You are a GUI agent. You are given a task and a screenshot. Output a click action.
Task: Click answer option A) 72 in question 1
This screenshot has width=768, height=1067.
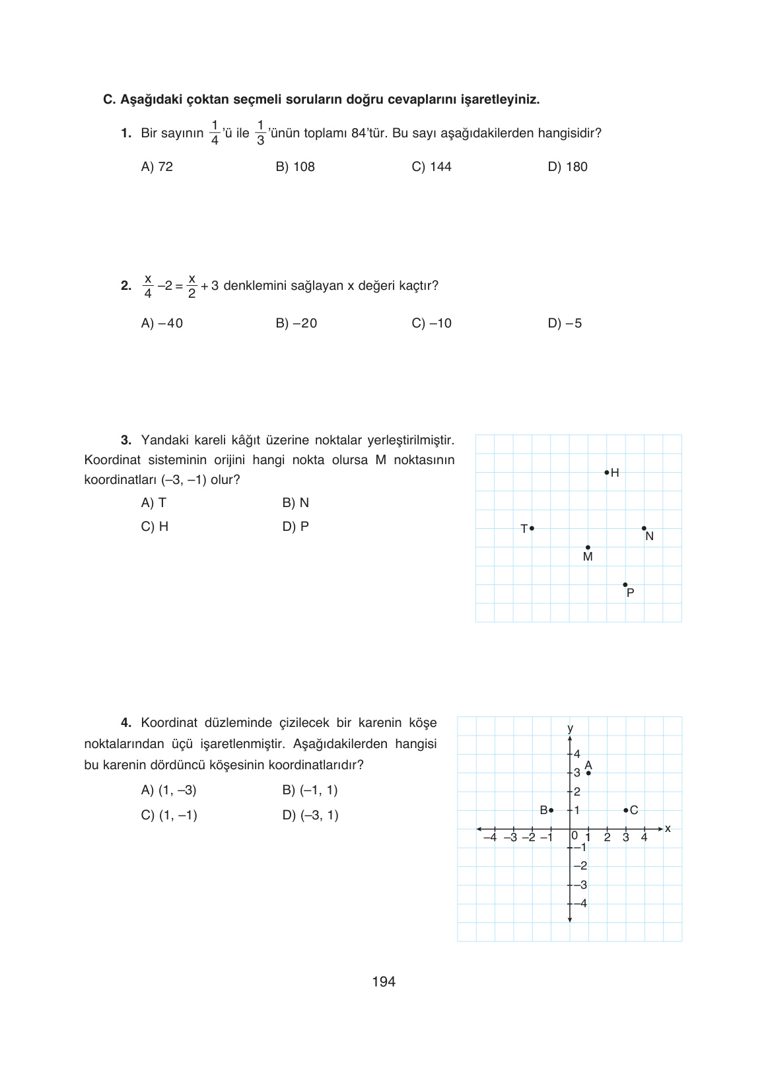coord(157,167)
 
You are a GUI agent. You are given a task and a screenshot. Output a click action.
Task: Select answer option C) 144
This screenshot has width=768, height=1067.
coord(431,167)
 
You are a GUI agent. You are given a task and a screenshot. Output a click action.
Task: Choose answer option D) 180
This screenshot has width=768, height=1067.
coord(567,167)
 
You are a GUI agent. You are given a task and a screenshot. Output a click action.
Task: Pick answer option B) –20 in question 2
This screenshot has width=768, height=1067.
coord(297,324)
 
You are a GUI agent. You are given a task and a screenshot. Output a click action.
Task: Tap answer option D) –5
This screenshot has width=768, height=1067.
coord(565,324)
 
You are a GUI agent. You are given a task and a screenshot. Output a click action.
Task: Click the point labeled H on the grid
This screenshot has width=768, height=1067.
coord(607,472)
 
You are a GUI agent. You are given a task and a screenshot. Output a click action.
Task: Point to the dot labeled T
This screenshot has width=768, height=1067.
coord(532,528)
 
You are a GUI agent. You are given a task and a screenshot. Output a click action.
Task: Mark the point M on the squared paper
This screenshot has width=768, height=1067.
coord(588,547)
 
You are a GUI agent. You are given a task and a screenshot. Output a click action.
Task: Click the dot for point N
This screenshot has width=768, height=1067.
coord(644,528)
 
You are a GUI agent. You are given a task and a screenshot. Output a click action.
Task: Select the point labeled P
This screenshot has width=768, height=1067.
coord(625,585)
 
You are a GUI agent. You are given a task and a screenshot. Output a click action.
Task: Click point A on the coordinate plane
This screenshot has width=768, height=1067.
coord(588,773)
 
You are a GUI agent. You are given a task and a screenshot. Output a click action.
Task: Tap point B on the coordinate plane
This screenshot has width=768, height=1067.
coord(551,810)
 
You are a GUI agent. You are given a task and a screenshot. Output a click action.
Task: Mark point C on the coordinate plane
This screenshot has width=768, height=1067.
coord(625,810)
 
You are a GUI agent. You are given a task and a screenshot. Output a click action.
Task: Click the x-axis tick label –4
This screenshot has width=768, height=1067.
coord(489,838)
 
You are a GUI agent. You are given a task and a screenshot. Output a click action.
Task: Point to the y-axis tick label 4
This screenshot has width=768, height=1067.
coord(577,754)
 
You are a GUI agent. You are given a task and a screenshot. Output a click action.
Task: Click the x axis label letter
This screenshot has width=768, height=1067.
coord(668,829)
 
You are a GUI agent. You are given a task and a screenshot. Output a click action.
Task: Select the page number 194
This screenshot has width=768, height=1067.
coord(384,982)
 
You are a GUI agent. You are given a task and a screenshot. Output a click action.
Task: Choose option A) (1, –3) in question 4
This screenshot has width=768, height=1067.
coord(169,790)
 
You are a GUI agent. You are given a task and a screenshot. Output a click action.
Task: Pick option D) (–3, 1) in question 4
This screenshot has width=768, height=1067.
coord(310,815)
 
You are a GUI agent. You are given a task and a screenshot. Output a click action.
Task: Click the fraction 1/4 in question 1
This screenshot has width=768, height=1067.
coord(215,133)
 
